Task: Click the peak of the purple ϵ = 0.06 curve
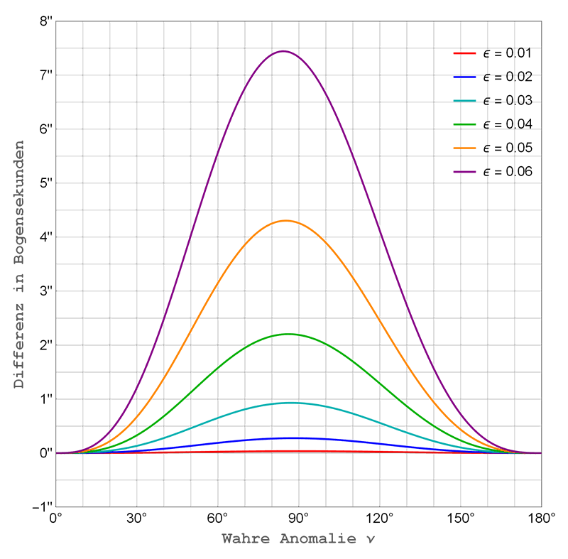[x=283, y=51]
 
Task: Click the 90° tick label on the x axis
[x=299, y=517]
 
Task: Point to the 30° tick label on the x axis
[x=137, y=517]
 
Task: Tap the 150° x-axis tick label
[x=461, y=517]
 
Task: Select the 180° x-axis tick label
[x=541, y=517]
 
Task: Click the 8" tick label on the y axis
[x=46, y=21]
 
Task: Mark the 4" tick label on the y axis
[x=46, y=237]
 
